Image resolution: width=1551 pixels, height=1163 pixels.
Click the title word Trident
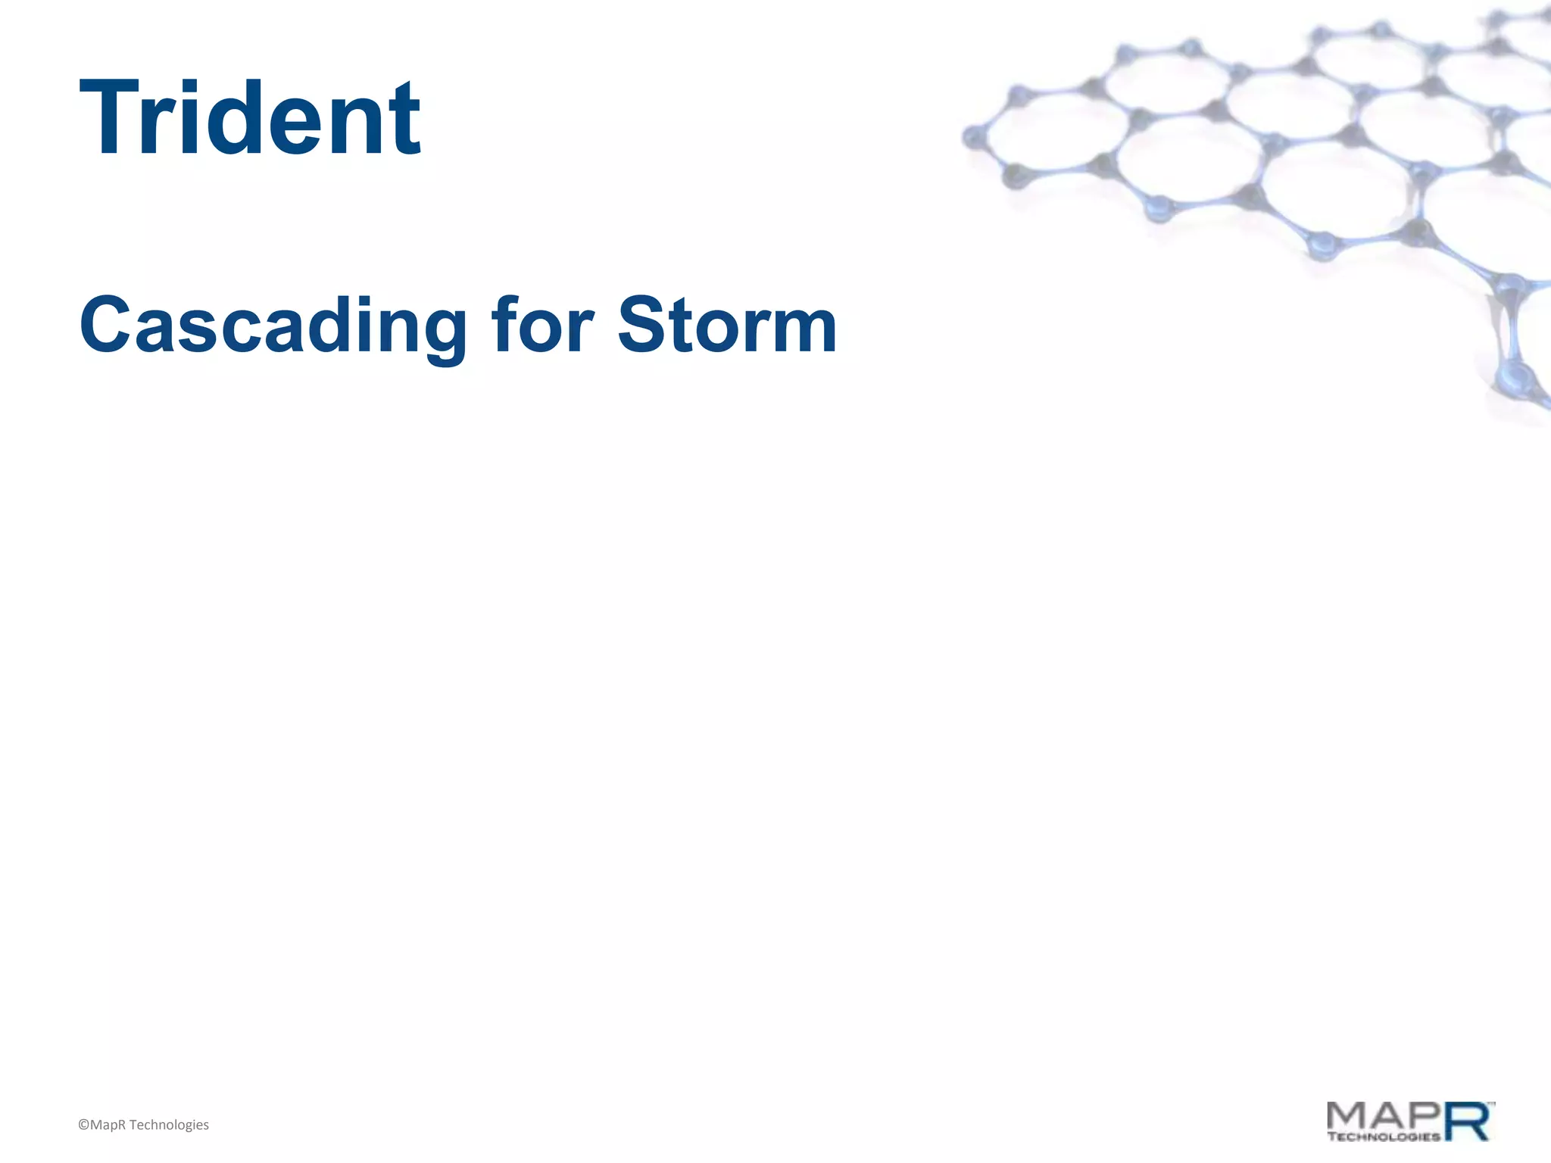(249, 119)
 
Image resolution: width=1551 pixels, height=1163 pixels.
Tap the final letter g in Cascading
(444, 333)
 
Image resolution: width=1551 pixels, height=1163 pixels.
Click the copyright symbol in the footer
(83, 1125)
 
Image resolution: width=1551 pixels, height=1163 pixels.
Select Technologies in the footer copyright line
(169, 1125)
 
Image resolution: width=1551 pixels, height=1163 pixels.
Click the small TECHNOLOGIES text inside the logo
(1383, 1136)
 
